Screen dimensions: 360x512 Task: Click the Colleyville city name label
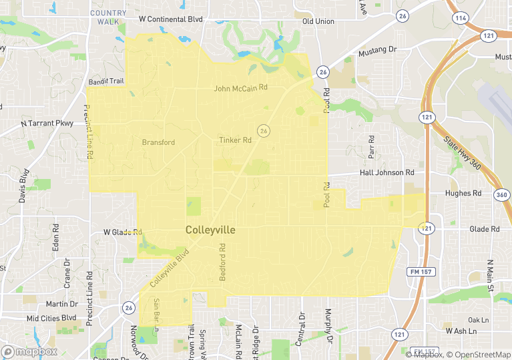(210, 230)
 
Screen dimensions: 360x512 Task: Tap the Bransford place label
(158, 142)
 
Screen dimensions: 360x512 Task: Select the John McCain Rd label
(240, 87)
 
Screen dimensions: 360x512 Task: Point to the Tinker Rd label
(235, 140)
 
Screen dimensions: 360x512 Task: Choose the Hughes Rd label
(463, 193)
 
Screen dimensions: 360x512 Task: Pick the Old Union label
(318, 22)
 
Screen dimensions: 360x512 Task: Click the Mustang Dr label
(377, 51)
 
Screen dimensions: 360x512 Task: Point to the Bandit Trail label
(106, 81)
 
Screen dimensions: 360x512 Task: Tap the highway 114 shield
(461, 18)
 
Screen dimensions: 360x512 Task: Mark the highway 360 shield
(502, 194)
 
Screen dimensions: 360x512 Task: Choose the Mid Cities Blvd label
(51, 318)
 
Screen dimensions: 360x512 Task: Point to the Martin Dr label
(61, 304)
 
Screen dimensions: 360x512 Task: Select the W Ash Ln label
(461, 331)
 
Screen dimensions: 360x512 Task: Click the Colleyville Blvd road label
(170, 268)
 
